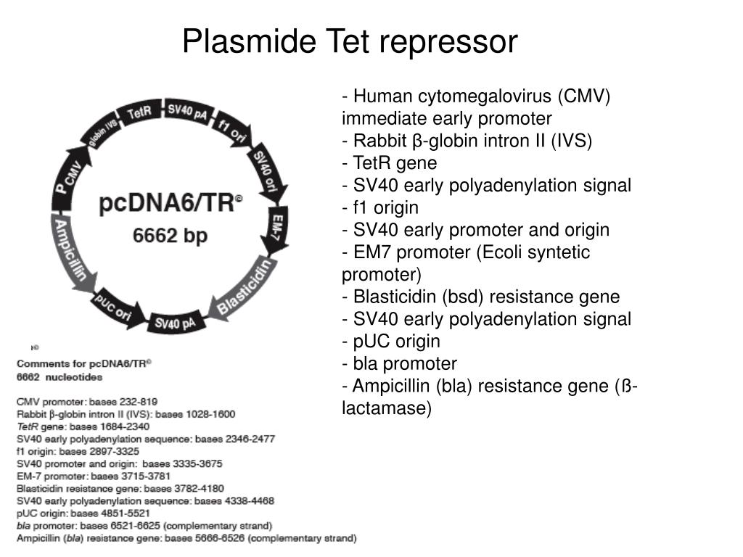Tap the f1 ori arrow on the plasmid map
tap(233, 130)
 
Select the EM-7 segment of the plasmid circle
tap(276, 227)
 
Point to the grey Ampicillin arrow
tap(71, 250)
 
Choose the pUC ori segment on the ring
tap(117, 307)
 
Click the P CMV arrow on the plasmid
tap(69, 178)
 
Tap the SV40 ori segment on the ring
tap(267, 171)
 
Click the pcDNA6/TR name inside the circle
tap(170, 204)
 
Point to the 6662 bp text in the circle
tap(170, 236)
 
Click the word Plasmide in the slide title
tap(250, 41)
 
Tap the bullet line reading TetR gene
tap(389, 163)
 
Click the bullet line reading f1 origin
tap(380, 207)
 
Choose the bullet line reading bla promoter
tap(399, 364)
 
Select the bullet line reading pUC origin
tap(391, 342)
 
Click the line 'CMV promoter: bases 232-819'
tap(87, 402)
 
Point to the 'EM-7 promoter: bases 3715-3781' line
tap(94, 476)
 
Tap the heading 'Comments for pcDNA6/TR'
tap(84, 364)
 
